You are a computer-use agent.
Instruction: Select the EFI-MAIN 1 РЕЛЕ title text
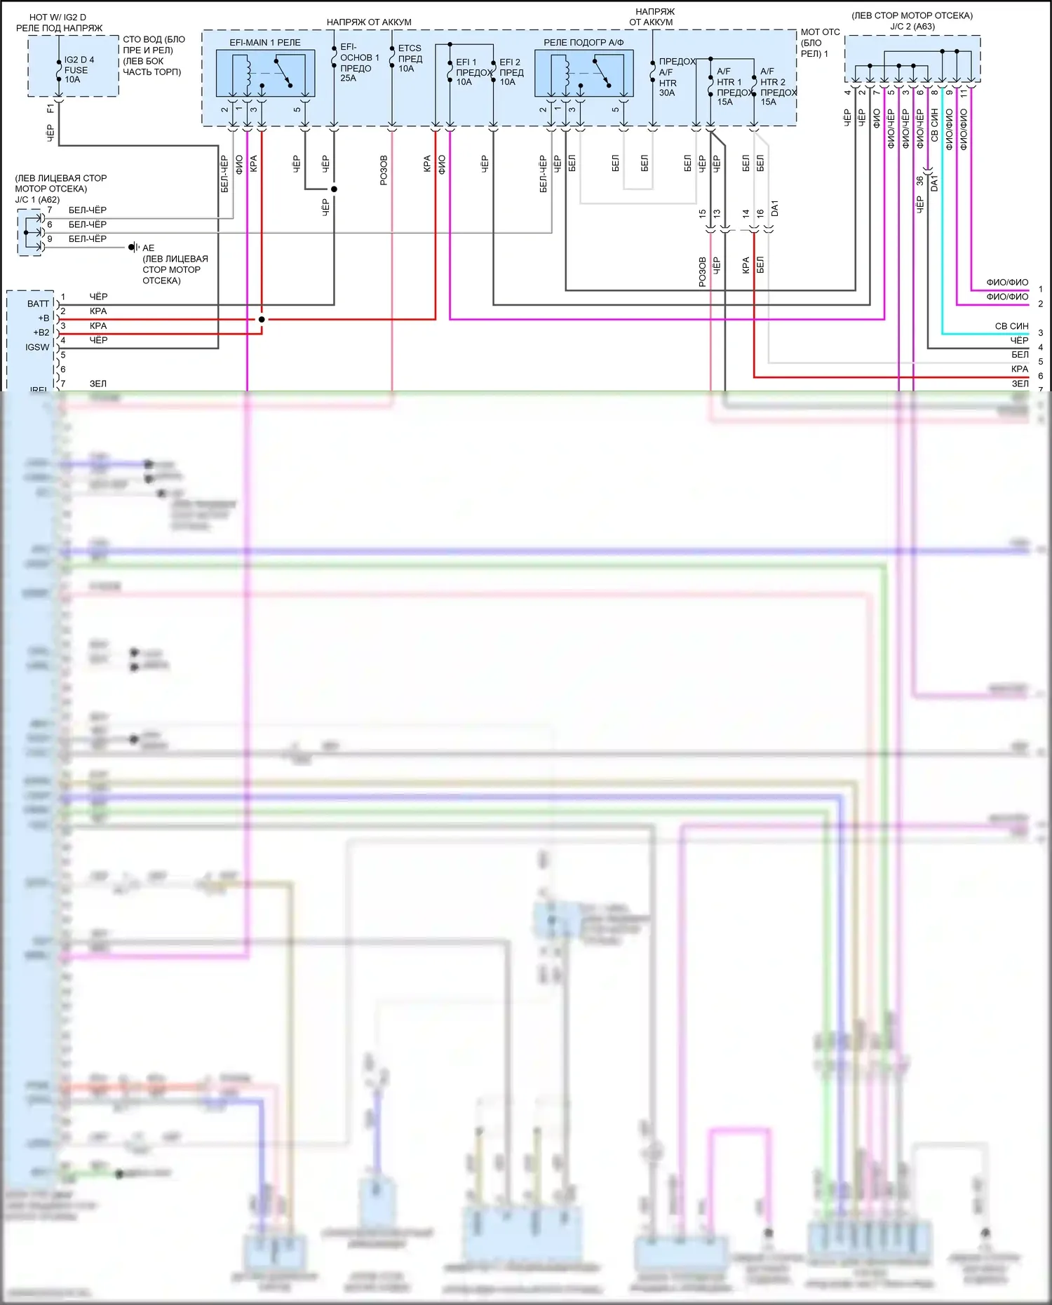[x=265, y=43]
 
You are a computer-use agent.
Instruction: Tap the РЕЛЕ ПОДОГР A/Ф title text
[x=584, y=43]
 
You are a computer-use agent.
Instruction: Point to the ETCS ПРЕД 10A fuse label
[x=410, y=58]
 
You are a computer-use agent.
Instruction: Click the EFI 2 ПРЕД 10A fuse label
[x=511, y=72]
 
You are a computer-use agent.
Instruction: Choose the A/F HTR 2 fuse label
[x=777, y=86]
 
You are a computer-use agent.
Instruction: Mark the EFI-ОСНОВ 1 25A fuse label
[x=358, y=62]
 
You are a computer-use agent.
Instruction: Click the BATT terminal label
[x=38, y=304]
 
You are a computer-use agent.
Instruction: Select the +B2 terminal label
[x=41, y=332]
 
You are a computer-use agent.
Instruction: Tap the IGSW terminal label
[x=37, y=347]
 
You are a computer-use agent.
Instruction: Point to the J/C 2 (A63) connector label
[x=912, y=27]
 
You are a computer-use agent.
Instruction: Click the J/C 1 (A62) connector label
[x=37, y=200]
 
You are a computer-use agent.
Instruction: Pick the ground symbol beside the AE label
[x=133, y=248]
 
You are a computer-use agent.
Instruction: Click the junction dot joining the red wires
[x=262, y=319]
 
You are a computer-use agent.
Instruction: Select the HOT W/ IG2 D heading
[x=58, y=17]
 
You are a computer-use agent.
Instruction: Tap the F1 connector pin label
[x=50, y=109]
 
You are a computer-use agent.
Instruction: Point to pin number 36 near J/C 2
[x=919, y=181]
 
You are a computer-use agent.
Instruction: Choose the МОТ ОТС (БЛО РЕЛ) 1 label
[x=820, y=43]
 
